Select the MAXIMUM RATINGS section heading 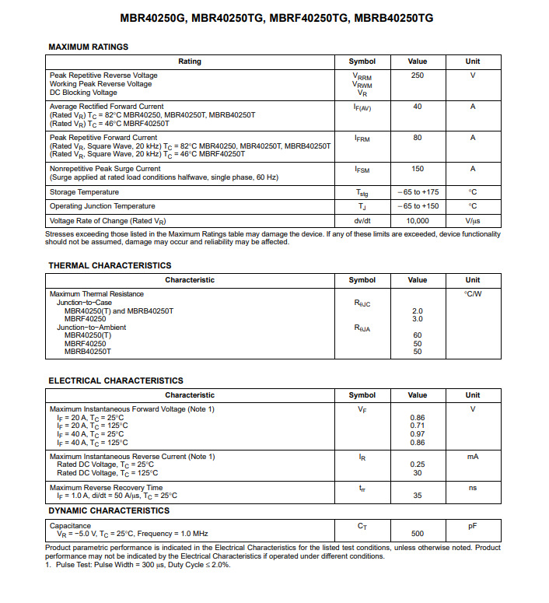point(88,47)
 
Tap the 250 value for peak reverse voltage point(418,75)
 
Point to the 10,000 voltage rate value point(418,221)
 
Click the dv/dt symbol point(362,221)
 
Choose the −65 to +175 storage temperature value point(418,192)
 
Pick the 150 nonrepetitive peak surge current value point(418,169)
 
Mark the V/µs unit point(473,221)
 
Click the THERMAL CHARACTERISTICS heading point(110,265)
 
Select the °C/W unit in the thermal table point(473,294)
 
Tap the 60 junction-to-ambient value point(418,335)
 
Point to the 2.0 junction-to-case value point(418,311)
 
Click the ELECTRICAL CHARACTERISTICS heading point(116,380)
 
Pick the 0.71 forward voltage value point(418,426)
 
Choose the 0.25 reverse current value point(418,465)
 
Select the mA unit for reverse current point(473,457)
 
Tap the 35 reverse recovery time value point(418,496)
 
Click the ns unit point(473,488)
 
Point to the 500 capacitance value point(418,535)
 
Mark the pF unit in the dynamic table point(473,527)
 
